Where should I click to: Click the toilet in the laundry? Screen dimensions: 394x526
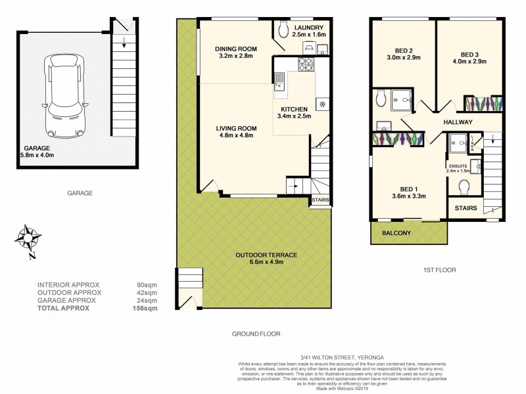click(283, 30)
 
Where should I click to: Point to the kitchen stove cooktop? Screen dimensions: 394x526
click(306, 64)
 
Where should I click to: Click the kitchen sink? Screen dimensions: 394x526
click(280, 80)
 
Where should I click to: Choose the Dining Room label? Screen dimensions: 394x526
click(236, 49)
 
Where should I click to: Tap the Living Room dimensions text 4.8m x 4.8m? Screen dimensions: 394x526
click(235, 135)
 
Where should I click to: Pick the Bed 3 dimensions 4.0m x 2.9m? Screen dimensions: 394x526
click(469, 62)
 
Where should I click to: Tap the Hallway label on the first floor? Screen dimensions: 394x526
click(458, 122)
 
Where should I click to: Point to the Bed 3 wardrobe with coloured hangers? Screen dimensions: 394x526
click(484, 104)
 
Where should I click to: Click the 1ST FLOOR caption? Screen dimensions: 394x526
click(440, 270)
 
